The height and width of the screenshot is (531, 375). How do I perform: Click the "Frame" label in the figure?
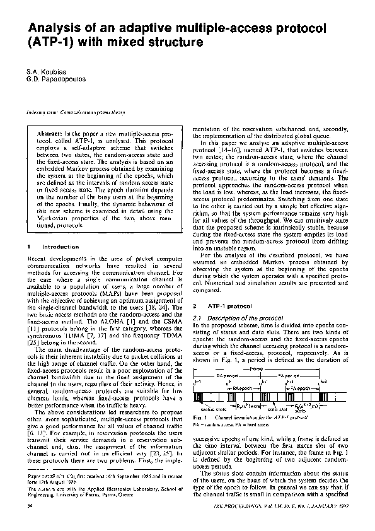pyautogui.click(x=257, y=368)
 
